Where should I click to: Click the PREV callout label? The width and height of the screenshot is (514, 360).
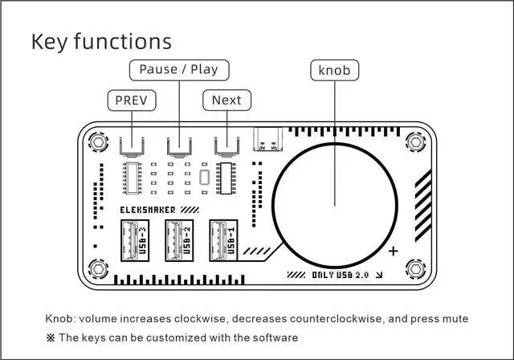coord(132,100)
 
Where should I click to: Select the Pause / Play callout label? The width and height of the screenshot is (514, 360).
coord(178,69)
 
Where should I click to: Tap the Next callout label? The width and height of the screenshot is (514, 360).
coord(226,100)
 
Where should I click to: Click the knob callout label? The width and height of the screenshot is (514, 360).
coord(334,71)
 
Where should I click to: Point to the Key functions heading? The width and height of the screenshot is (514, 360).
coord(101,41)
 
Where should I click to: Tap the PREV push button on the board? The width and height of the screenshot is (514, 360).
coord(132,146)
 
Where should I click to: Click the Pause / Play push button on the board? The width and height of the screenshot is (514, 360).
coord(178,146)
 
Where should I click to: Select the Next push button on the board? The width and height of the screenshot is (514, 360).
coord(226,146)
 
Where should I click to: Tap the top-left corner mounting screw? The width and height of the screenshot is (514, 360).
coord(98,141)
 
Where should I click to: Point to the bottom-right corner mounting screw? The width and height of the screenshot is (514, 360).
coord(415,269)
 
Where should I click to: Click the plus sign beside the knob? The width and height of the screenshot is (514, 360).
coord(394,252)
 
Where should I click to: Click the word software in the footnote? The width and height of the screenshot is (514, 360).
coord(274,337)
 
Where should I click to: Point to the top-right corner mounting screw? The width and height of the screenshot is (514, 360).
coord(415,141)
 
